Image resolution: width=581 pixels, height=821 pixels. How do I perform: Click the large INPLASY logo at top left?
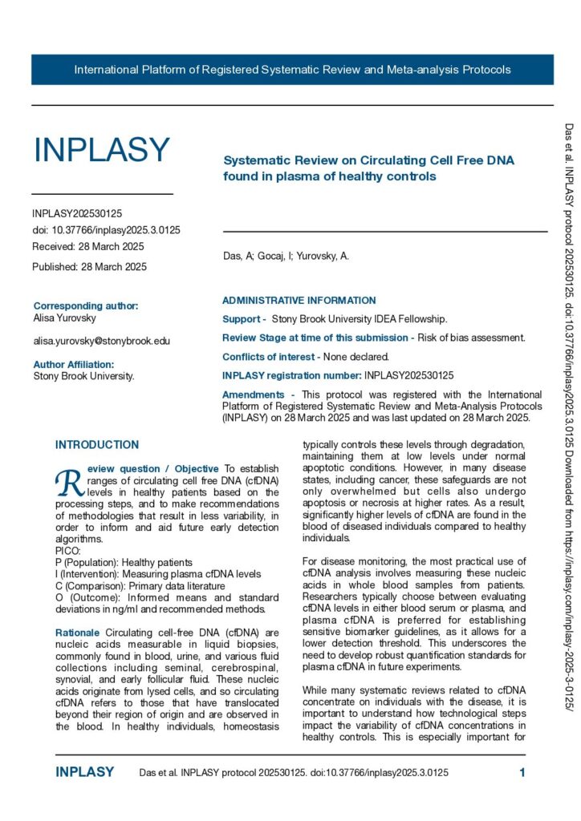pyautogui.click(x=101, y=150)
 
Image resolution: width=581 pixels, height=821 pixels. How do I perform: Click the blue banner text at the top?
pyautogui.click(x=292, y=70)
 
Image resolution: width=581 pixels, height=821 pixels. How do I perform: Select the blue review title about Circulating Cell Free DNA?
pyautogui.click(x=368, y=168)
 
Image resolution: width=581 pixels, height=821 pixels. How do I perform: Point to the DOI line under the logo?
pyautogui.click(x=106, y=230)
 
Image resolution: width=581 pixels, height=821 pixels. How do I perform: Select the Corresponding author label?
pyautogui.click(x=86, y=305)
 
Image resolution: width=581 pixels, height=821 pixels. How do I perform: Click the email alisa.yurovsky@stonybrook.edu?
pyautogui.click(x=101, y=341)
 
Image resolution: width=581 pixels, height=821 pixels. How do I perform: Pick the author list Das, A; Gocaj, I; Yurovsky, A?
pyautogui.click(x=286, y=257)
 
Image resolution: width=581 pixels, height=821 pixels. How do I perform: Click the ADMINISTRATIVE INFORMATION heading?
pyautogui.click(x=299, y=301)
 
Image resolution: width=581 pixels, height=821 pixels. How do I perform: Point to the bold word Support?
pyautogui.click(x=242, y=319)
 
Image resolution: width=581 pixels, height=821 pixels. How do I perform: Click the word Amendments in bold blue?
pyautogui.click(x=253, y=394)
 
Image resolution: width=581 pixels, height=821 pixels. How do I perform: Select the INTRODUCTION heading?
pyautogui.click(x=96, y=445)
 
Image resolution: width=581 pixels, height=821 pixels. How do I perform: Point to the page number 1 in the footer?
pyautogui.click(x=522, y=773)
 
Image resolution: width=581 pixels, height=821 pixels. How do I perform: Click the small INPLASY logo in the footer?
pyautogui.click(x=84, y=773)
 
